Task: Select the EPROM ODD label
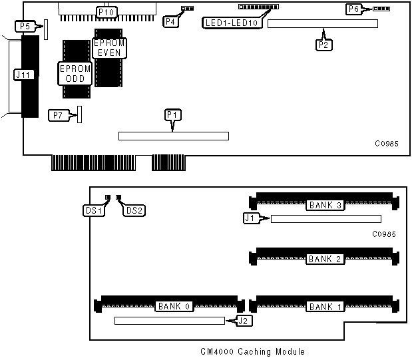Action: (x=71, y=73)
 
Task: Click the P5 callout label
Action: (x=25, y=27)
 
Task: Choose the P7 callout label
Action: (x=59, y=116)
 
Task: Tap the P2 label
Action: (x=324, y=44)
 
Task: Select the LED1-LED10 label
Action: (x=234, y=22)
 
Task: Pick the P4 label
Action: (x=171, y=21)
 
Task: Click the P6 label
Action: (x=353, y=9)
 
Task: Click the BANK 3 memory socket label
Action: (x=325, y=206)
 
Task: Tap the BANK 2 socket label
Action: (x=325, y=259)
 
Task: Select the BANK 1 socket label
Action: (x=325, y=307)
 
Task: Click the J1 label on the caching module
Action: (x=250, y=217)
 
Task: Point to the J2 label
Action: (x=244, y=323)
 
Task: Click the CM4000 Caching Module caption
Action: (x=252, y=351)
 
